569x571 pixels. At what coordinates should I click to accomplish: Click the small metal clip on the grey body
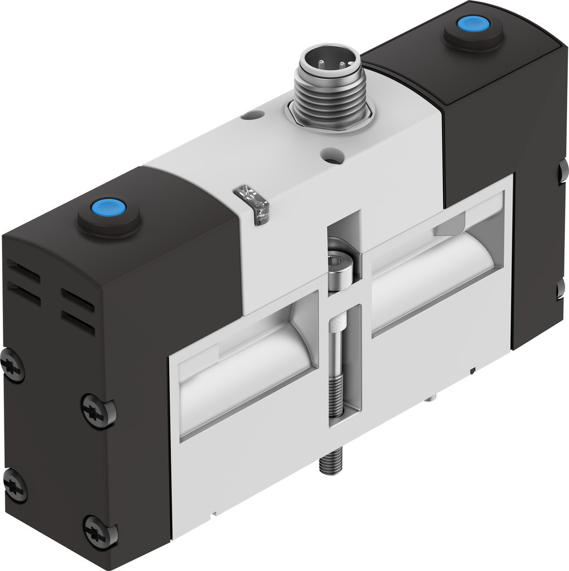tap(253, 204)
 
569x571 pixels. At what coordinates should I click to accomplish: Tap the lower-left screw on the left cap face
tap(15, 485)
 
